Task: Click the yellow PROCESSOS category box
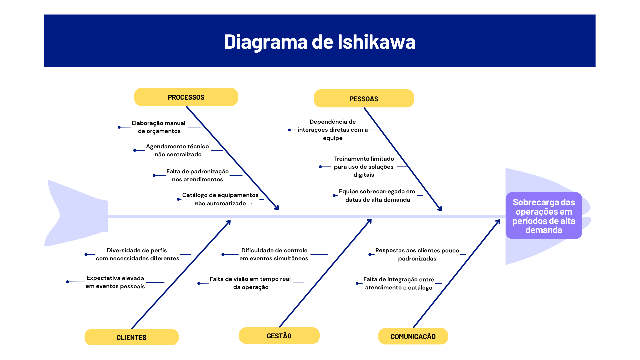tap(186, 97)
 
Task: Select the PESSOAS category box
tap(364, 99)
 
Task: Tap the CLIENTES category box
tap(131, 337)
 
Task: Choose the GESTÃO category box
tap(279, 336)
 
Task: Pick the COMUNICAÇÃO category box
tap(413, 336)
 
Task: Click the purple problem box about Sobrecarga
tap(544, 216)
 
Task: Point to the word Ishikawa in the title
tap(377, 42)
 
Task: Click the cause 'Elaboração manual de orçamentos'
tap(159, 127)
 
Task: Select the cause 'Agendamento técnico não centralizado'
tap(178, 150)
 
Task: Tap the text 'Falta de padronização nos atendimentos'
tap(197, 175)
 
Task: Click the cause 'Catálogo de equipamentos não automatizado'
tap(220, 199)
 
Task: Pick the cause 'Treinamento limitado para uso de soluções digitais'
tap(364, 167)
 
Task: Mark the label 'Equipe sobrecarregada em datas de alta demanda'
tap(377, 195)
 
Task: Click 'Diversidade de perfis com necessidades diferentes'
tap(137, 254)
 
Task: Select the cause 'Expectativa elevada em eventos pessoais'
tap(115, 282)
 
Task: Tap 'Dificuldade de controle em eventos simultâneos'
tap(274, 254)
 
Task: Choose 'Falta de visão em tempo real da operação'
tap(250, 283)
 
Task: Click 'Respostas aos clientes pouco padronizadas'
tap(417, 254)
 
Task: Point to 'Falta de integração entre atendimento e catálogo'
tap(399, 283)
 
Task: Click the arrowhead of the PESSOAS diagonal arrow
tap(440, 209)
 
